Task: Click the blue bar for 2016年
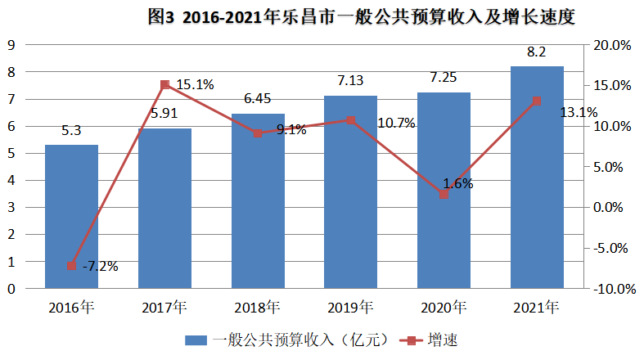(71, 217)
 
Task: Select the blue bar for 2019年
(350, 192)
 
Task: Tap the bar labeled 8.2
(537, 177)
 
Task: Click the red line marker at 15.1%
(164, 84)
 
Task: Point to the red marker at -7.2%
(71, 266)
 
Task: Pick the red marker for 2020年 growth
(444, 195)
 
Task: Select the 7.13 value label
(350, 80)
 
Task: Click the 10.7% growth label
(396, 124)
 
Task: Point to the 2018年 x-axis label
(257, 308)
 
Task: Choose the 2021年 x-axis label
(537, 308)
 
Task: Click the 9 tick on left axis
(12, 45)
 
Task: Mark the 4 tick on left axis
(12, 181)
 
